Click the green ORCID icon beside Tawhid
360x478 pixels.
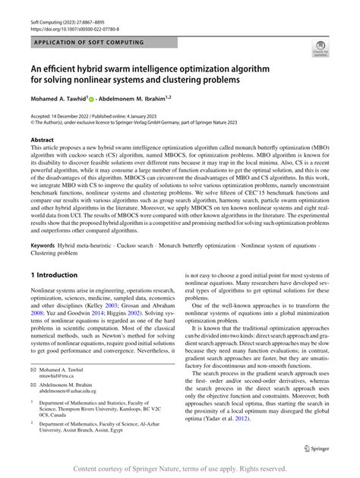click(92, 100)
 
